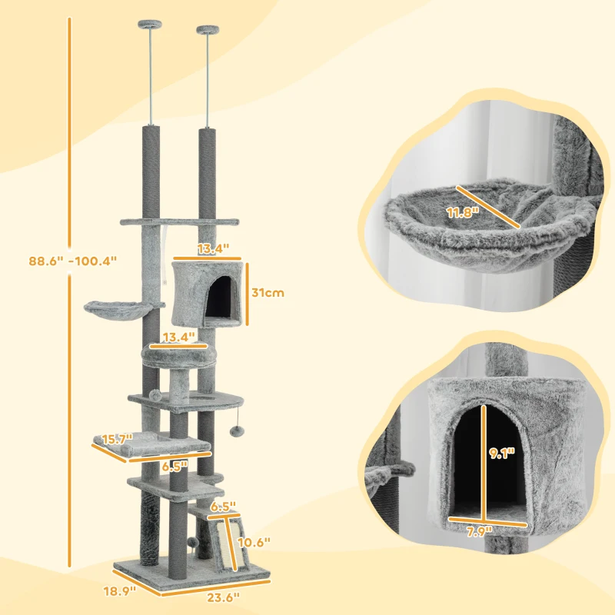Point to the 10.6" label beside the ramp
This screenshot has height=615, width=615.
(255, 543)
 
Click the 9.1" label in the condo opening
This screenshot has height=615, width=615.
(504, 454)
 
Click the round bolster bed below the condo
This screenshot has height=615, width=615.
(178, 354)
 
